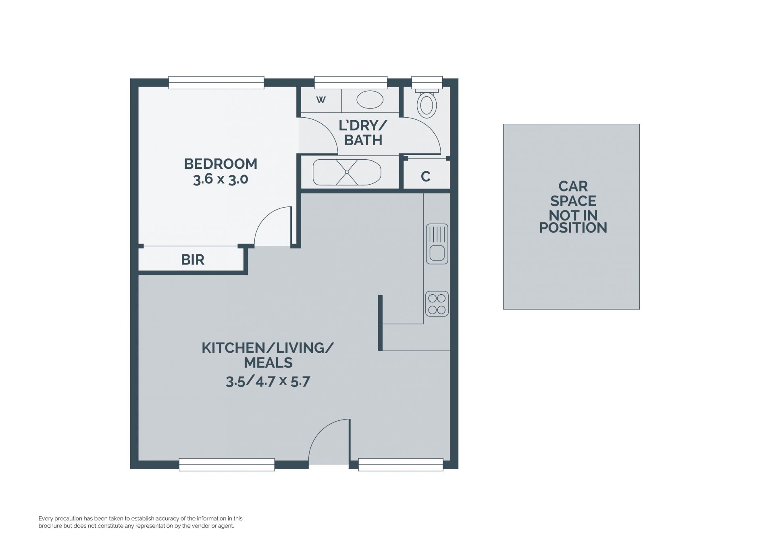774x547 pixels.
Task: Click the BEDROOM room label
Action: [221, 164]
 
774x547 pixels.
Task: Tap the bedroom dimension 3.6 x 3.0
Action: [221, 179]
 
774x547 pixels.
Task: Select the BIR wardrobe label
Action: [193, 260]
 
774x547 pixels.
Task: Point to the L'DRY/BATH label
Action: [363, 133]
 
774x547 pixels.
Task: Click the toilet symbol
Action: [427, 104]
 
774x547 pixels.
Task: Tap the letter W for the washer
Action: [321, 100]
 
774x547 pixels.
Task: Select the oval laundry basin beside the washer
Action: [370, 100]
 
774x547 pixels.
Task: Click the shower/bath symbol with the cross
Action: [347, 172]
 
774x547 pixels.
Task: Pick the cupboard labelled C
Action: [426, 177]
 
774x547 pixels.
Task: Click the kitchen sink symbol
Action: [437, 244]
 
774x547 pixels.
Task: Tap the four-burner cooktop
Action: [437, 304]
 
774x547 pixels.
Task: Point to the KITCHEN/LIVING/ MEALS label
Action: [268, 355]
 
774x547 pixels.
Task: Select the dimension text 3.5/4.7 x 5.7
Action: [268, 381]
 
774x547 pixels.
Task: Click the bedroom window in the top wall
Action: [216, 83]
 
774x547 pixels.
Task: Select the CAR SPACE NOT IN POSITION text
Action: [573, 207]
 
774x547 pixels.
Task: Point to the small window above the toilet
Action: [427, 83]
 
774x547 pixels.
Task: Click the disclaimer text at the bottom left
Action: [141, 522]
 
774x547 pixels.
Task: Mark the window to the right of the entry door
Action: [401, 465]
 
